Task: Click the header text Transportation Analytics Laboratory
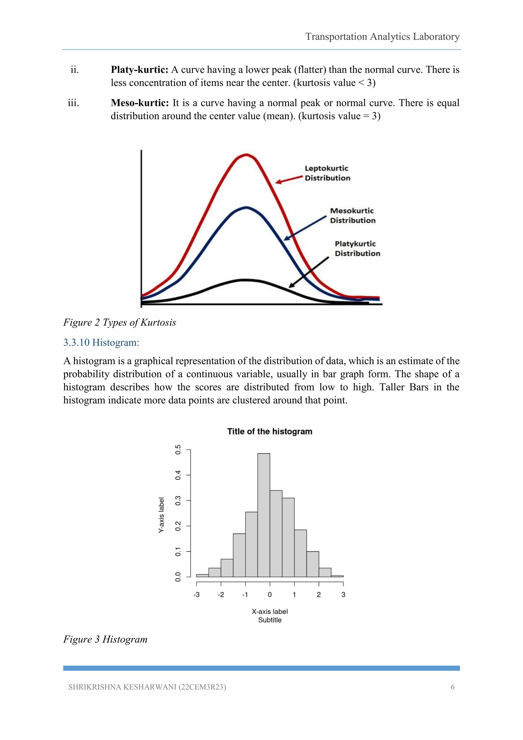382,37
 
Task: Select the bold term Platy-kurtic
139,70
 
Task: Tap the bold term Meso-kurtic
140,103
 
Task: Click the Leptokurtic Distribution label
327,173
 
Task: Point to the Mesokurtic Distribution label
353,216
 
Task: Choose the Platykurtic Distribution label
357,248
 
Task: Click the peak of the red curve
246,155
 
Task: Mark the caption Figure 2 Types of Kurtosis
120,322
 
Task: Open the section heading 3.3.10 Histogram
101,342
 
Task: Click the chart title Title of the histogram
270,431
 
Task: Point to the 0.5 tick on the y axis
178,449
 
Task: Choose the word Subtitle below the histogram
270,620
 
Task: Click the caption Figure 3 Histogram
105,639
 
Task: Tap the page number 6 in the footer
453,687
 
